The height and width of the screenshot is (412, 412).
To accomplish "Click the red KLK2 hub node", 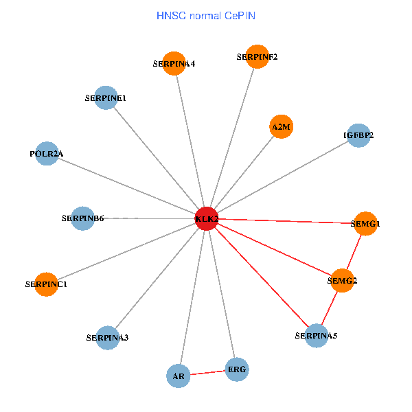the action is coord(207,218).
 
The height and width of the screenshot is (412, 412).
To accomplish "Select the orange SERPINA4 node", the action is coord(174,63).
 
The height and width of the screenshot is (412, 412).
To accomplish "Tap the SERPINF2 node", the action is coord(257,56).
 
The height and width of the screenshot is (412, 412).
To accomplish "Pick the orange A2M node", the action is coord(281,126).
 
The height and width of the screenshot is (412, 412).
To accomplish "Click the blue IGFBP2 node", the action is coord(358,135).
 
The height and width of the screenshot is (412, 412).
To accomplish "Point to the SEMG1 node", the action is coord(365,223).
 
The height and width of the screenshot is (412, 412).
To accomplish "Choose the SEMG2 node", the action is coord(342,279).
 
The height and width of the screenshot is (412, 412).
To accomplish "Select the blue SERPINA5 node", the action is coord(316,335).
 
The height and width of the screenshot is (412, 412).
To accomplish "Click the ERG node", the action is coord(236,369).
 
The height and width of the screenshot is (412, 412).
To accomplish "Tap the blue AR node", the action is coord(179,376).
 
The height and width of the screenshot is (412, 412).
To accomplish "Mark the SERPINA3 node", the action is coord(108,337).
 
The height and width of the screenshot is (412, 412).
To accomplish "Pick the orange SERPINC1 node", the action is coord(46,283).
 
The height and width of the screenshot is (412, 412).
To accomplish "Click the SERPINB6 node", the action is coord(82,218).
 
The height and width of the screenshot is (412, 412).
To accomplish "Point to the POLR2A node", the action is coord(47,153).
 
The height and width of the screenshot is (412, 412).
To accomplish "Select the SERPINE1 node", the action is coord(105,98).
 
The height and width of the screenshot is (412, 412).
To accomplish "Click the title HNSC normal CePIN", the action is coord(206,15).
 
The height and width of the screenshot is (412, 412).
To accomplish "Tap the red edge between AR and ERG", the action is coord(207,373).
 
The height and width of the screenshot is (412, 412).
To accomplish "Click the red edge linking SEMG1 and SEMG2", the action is coord(354,251).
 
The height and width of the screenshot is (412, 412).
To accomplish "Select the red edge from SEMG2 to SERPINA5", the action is coord(329,308).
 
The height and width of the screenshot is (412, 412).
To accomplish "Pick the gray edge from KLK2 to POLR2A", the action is coord(127,185).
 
